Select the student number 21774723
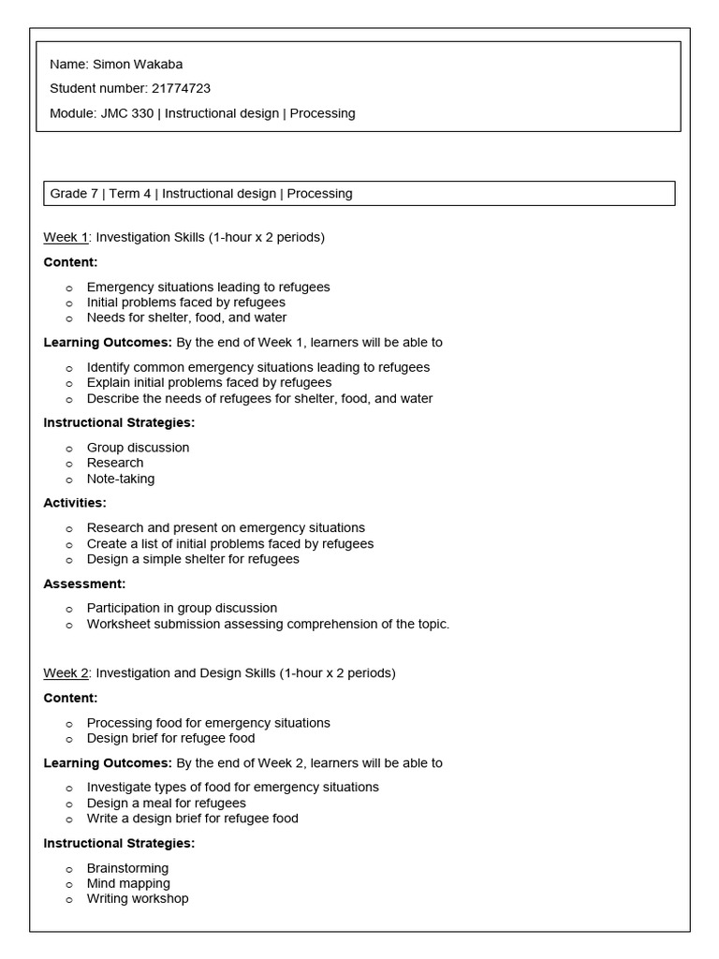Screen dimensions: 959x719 [181, 89]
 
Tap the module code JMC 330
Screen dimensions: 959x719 [128, 113]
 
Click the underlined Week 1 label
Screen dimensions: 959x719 [65, 237]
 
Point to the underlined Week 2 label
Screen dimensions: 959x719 [65, 672]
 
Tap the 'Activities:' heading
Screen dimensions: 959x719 [75, 503]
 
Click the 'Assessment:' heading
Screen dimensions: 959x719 [84, 583]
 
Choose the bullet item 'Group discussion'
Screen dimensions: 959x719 [138, 448]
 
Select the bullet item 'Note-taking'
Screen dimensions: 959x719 [121, 479]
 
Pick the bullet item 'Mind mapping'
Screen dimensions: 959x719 [128, 883]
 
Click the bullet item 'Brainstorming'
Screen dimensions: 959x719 [127, 868]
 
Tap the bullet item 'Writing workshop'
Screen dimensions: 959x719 [138, 898]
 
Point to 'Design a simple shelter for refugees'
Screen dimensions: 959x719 [193, 559]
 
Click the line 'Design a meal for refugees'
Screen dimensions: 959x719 [167, 803]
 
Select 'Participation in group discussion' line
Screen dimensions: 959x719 [182, 608]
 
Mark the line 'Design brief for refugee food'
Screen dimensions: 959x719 [170, 738]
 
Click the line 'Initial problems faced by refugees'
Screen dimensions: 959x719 [186, 302]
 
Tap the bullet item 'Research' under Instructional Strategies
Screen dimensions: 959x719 [115, 463]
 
